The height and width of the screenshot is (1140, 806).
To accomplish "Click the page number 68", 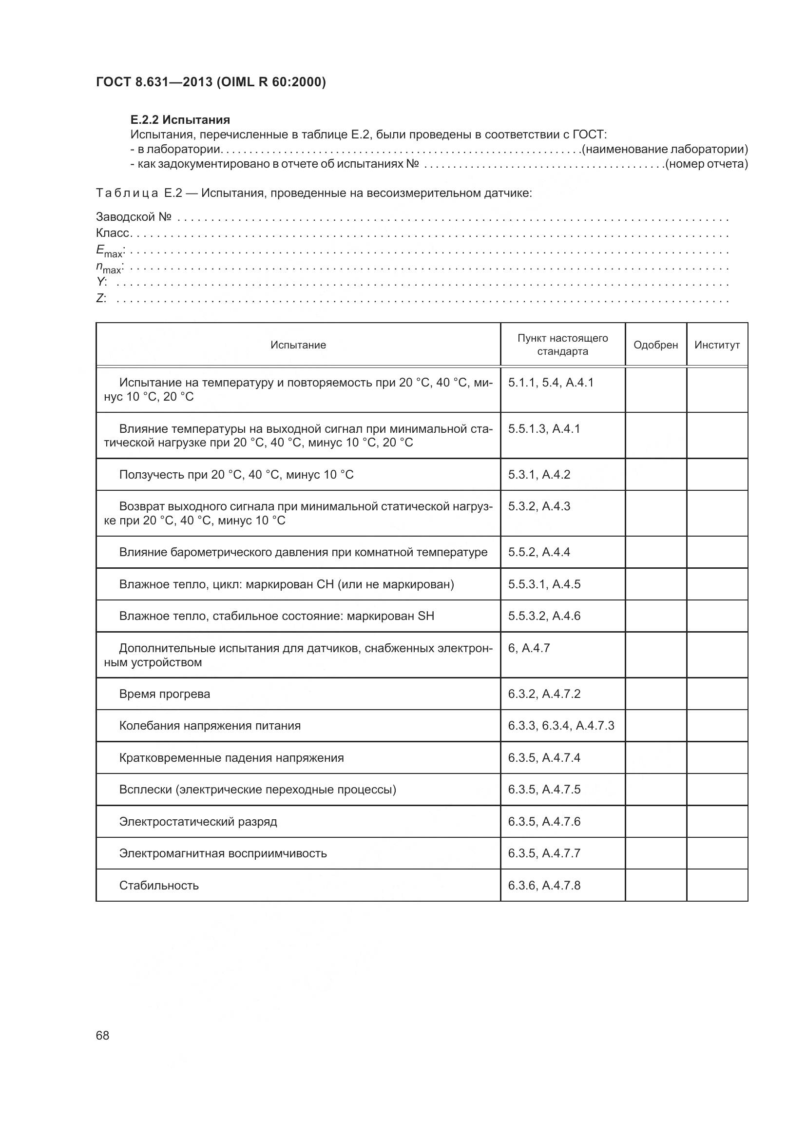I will point(102,1035).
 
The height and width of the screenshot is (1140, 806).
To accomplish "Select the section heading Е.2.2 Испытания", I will point(180,120).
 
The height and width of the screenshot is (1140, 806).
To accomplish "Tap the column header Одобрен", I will point(655,345).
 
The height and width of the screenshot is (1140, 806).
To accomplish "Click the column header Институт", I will point(717,345).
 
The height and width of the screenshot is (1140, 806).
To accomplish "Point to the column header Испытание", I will point(298,345).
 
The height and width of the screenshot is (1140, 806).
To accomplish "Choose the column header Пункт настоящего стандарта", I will point(562,345).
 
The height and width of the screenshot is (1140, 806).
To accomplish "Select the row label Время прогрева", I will point(164,694).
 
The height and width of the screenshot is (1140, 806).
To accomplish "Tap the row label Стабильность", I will point(159,885).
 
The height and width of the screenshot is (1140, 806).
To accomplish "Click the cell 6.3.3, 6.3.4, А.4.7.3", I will point(561,725).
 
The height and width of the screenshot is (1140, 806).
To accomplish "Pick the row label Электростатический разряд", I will point(198,821).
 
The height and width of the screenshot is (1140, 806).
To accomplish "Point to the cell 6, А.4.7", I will point(529,648).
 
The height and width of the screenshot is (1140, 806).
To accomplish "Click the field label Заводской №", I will point(134,217).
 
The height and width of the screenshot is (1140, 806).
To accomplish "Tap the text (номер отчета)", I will point(706,164).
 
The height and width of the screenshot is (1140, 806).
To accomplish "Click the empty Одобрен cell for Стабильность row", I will point(655,885).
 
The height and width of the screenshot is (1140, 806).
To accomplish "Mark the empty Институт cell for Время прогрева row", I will point(717,694).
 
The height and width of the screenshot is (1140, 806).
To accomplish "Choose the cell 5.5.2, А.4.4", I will point(538,552).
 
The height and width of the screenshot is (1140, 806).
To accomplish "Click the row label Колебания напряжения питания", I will point(210,725).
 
